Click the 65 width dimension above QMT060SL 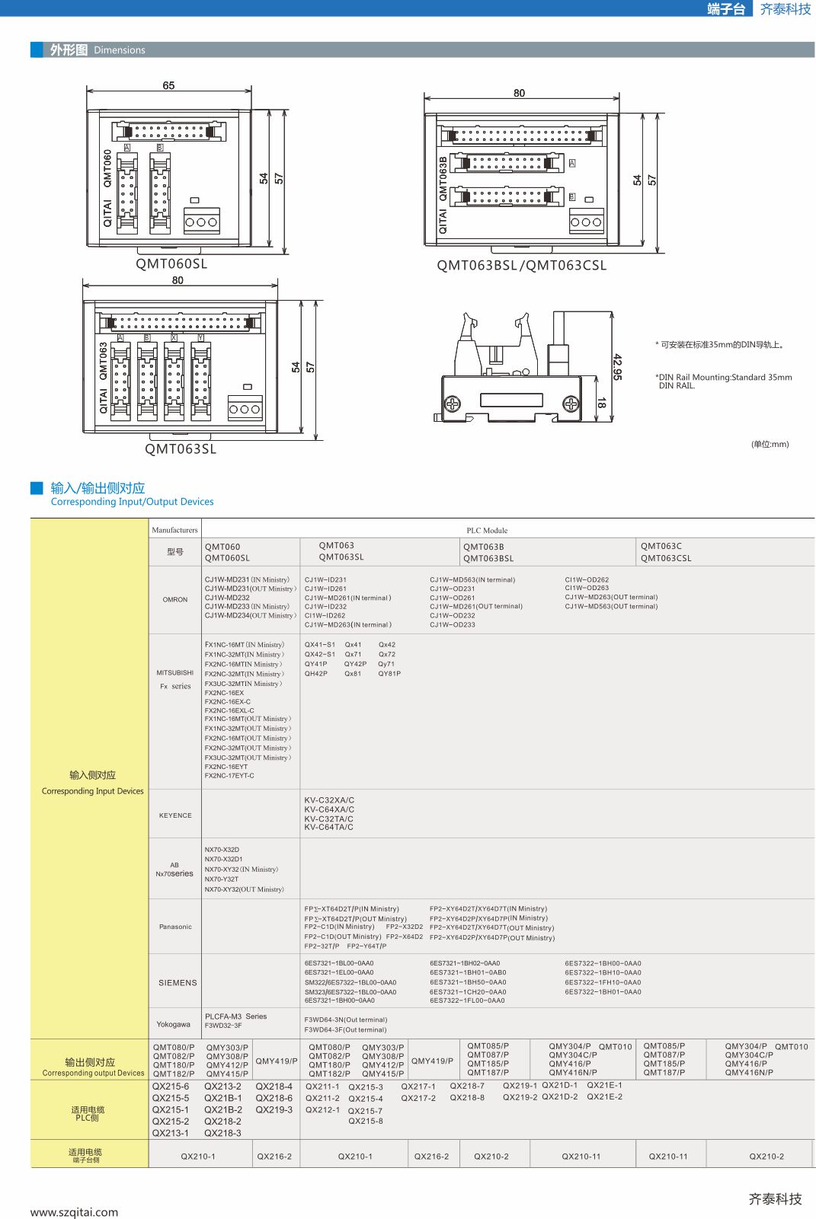[168, 85]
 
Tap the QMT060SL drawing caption [171, 264]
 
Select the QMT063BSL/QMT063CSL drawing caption [522, 266]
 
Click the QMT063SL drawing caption [181, 449]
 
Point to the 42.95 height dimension [617, 367]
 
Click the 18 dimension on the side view [601, 404]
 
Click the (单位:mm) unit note [770, 444]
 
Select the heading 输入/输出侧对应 [98, 488]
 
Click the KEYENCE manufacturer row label [175, 815]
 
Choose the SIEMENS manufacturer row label [178, 983]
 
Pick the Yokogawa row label [173, 1024]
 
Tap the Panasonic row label [175, 927]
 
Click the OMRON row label [175, 600]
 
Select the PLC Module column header [487, 531]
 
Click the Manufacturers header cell [174, 530]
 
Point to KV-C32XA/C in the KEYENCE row [329, 800]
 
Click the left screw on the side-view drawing [453, 403]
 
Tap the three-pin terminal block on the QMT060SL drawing [202, 222]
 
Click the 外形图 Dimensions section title [98, 50]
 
